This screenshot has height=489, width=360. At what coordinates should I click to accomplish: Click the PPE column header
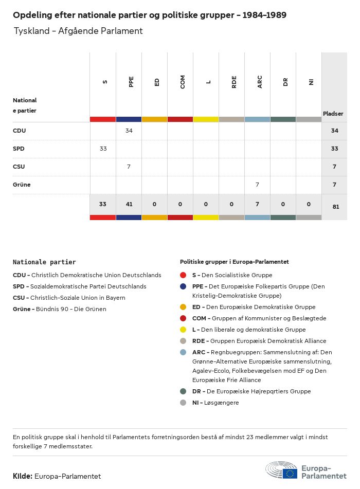[131, 82]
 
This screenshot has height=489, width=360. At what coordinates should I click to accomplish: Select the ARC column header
[260, 82]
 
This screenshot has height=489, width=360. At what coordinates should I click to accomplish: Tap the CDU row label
[19, 131]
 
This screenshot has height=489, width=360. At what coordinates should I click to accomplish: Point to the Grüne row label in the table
[22, 185]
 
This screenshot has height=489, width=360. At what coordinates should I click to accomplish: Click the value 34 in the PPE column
[129, 131]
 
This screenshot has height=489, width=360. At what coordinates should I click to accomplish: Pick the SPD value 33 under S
[103, 149]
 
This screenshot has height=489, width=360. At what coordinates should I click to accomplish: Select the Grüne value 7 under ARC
[257, 185]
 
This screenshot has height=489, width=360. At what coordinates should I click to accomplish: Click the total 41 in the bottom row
[129, 204]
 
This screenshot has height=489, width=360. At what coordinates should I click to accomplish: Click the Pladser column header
[333, 114]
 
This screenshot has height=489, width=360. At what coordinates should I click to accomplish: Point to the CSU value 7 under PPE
[129, 167]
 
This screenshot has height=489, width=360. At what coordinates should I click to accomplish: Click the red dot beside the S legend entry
[183, 275]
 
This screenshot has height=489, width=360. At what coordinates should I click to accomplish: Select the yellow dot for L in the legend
[183, 330]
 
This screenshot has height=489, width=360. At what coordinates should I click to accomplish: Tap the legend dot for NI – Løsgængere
[183, 403]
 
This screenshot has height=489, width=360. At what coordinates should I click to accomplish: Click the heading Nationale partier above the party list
[44, 262]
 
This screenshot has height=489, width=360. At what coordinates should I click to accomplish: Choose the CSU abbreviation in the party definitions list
[19, 298]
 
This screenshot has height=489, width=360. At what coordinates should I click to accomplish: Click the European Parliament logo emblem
[281, 470]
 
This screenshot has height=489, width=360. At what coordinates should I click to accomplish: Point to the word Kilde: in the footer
[23, 476]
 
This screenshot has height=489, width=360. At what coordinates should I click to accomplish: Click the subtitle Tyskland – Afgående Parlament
[78, 31]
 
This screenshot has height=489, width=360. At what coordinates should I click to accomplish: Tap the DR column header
[285, 82]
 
